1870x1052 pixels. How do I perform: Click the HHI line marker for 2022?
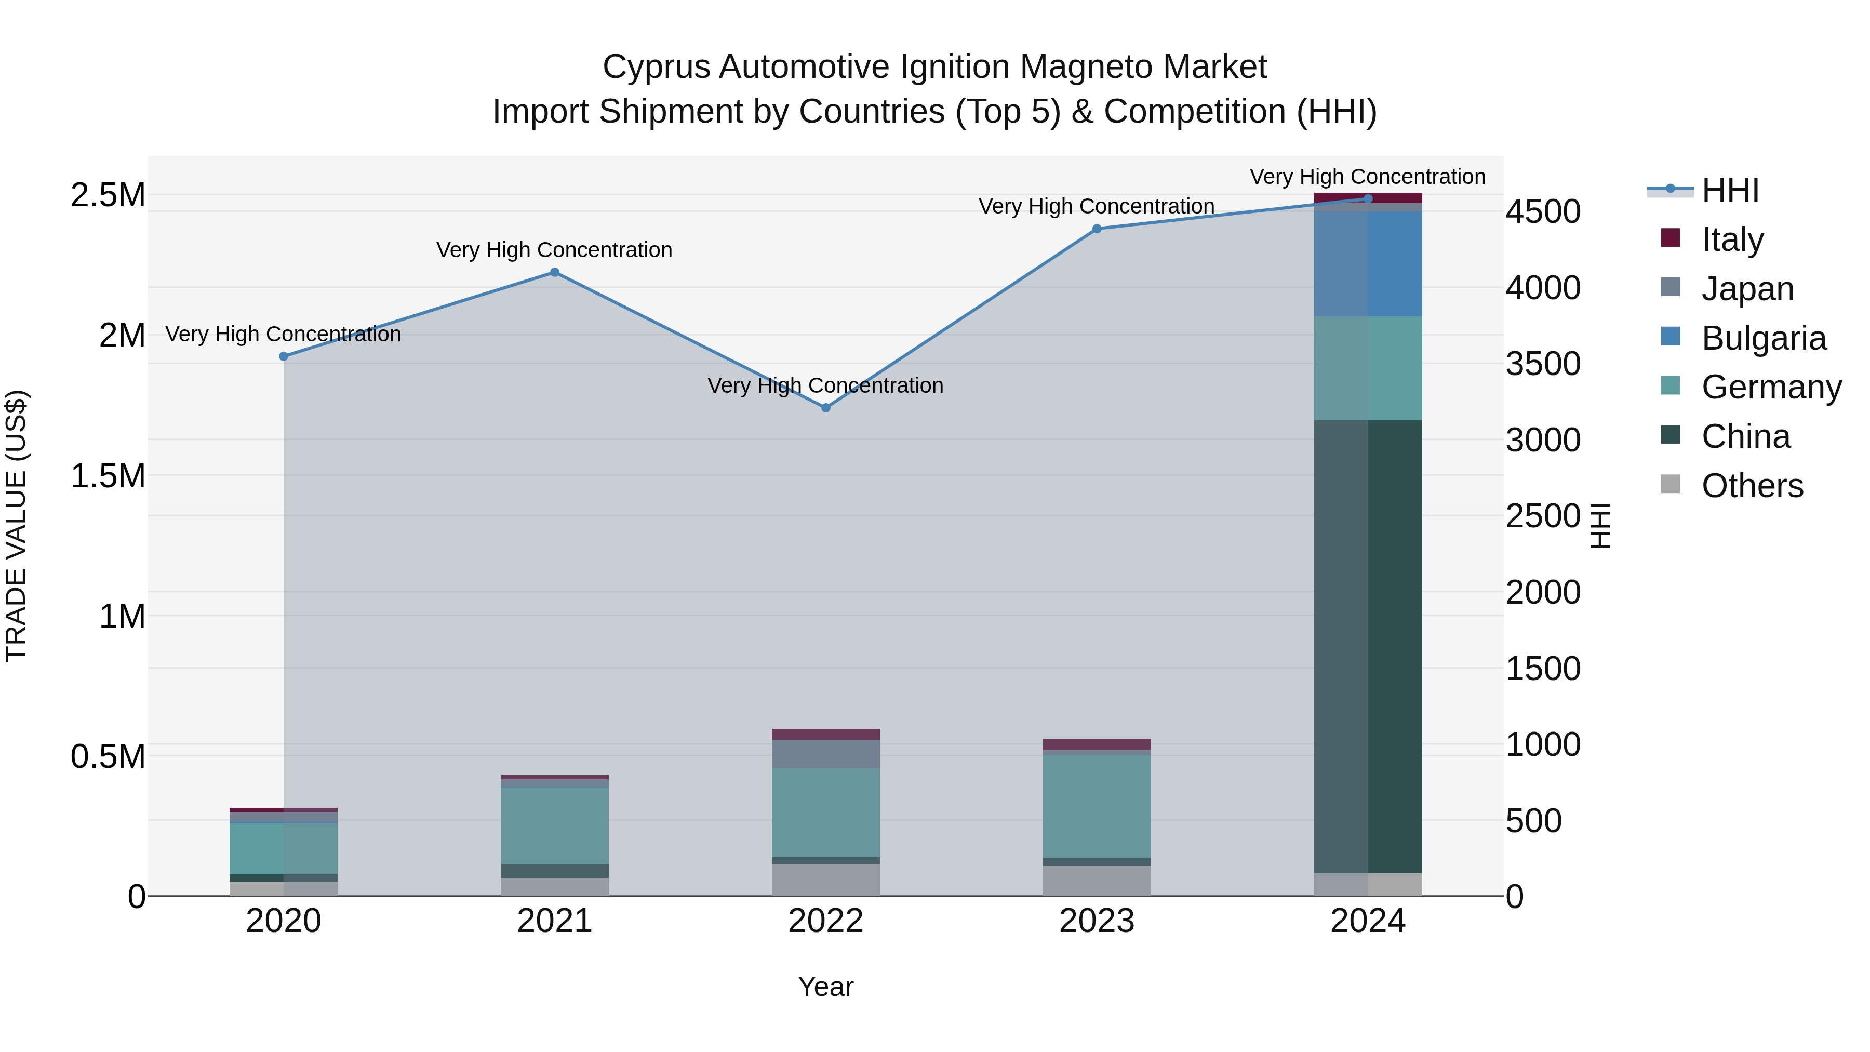click(825, 408)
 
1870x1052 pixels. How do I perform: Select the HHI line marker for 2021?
click(555, 272)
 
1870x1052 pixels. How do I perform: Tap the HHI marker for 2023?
click(1097, 229)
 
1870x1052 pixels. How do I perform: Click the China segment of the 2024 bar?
click(1368, 646)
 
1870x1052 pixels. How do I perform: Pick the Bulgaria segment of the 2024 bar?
click(1368, 263)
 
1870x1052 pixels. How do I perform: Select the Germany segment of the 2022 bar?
click(825, 813)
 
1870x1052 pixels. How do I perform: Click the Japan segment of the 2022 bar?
click(825, 754)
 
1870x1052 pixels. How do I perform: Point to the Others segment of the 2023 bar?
click(1097, 881)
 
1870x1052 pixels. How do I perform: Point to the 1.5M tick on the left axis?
click(108, 476)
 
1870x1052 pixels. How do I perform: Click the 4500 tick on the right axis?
click(1543, 212)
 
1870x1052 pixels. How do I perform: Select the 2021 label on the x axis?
click(555, 921)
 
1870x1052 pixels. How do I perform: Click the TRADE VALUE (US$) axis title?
click(16, 526)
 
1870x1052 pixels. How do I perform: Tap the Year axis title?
click(825, 987)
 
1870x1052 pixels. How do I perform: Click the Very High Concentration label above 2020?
click(283, 334)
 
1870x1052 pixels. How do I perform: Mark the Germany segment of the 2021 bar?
click(555, 825)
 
